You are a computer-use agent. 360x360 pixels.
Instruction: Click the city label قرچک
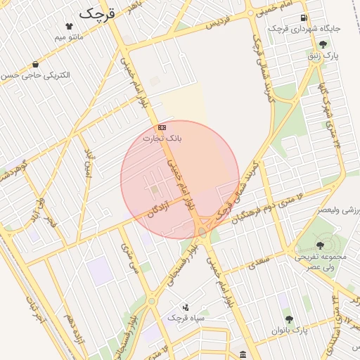(97, 13)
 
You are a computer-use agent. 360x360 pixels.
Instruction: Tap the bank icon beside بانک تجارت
(162, 127)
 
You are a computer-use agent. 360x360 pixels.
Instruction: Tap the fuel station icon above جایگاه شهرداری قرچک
(304, 18)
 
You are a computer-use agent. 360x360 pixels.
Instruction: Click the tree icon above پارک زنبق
(323, 44)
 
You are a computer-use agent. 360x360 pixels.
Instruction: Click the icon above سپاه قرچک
(186, 307)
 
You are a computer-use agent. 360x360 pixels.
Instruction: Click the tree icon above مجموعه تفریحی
(320, 245)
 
